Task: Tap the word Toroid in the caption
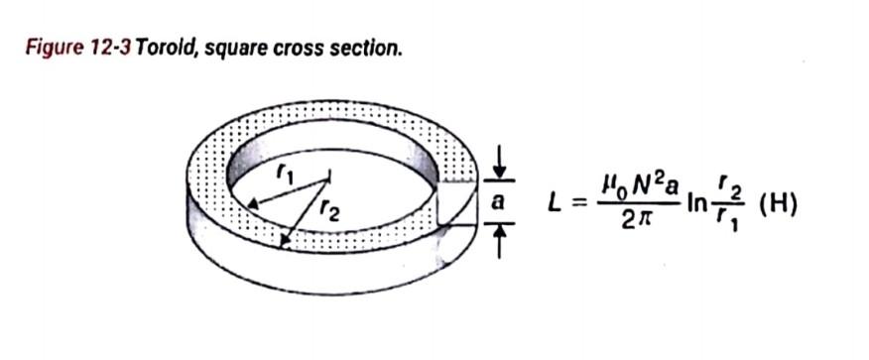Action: (165, 47)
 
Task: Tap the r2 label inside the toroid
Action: (330, 211)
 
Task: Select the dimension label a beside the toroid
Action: (499, 201)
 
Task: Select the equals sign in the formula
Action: (581, 203)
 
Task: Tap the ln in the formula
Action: (697, 203)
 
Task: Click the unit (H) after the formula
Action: (779, 204)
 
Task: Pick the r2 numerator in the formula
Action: (731, 187)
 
